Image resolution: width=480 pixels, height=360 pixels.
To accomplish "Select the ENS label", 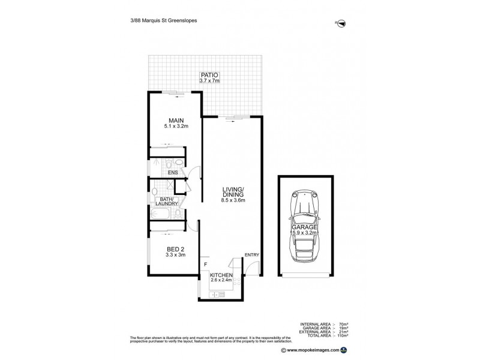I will pos(172,173).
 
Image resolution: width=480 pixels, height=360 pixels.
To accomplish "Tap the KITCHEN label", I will pos(221,274).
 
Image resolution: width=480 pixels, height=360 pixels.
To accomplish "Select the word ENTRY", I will pos(252,255).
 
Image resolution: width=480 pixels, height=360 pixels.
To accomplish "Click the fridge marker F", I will pos(205,263).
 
